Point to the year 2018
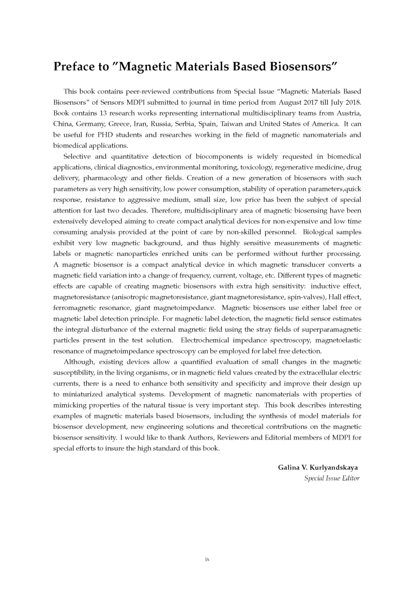(x=350, y=102)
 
